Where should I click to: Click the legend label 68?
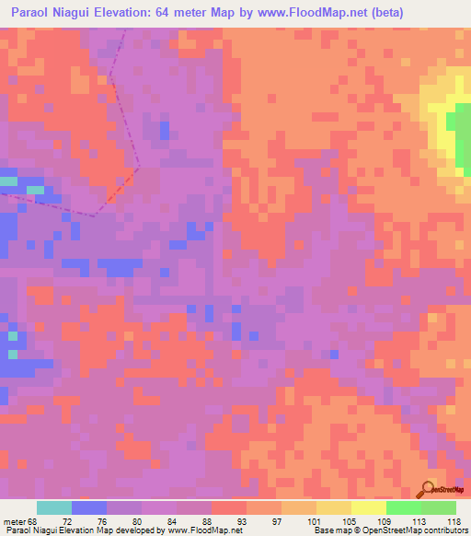34,520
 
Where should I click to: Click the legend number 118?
454,520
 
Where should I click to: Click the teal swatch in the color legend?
53,507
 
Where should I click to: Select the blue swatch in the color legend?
89,507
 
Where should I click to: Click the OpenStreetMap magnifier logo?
429,488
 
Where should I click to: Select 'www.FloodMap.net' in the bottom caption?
201,530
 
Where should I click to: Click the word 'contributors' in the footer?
440,530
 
